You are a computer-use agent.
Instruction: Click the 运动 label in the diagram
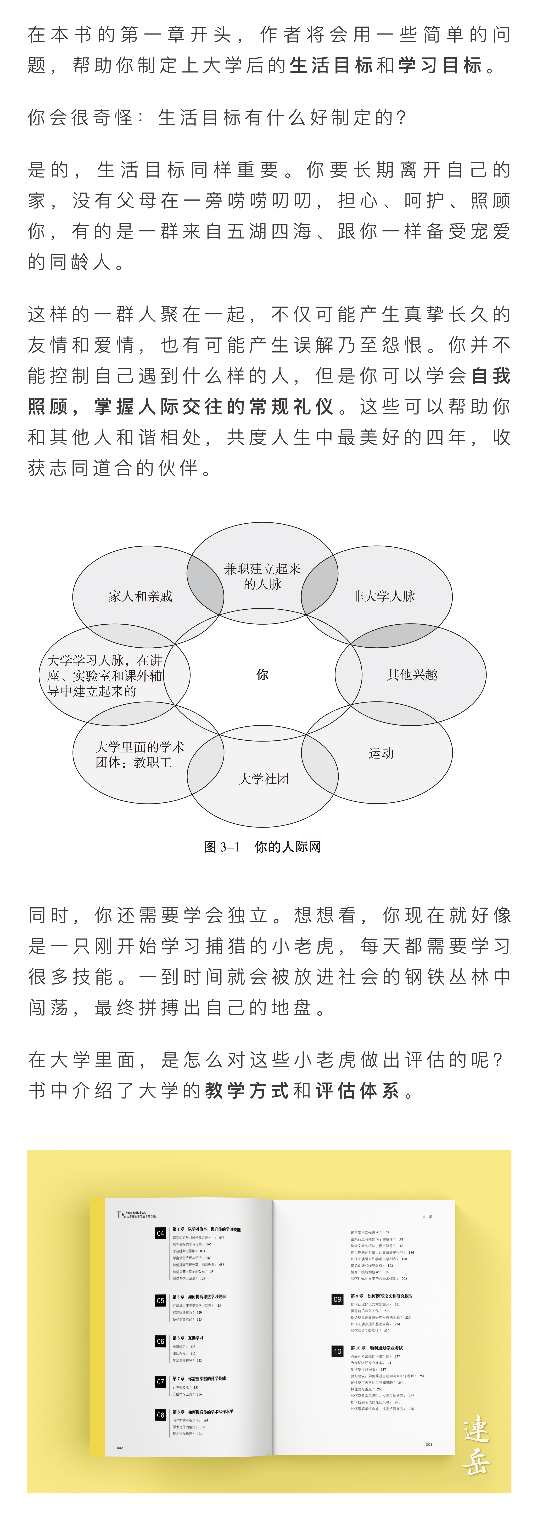pyautogui.click(x=381, y=753)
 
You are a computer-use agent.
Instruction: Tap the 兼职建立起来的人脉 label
pyautogui.click(x=262, y=576)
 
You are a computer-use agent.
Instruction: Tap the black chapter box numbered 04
pyautogui.click(x=160, y=1233)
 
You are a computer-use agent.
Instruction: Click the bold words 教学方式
pyautogui.click(x=247, y=1091)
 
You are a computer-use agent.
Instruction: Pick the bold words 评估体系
pyautogui.click(x=357, y=1091)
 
